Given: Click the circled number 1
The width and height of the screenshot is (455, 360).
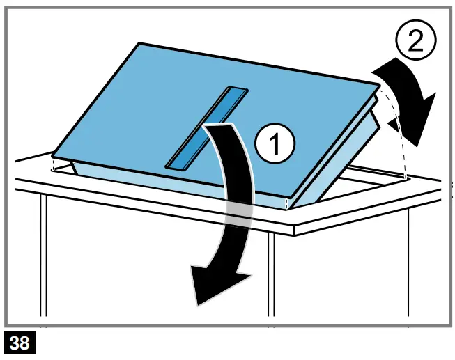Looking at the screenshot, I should point(275,145).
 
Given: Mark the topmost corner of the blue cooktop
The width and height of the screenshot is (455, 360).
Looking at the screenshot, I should point(141,44).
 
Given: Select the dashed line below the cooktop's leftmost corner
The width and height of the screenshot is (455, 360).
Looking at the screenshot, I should point(54,164).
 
